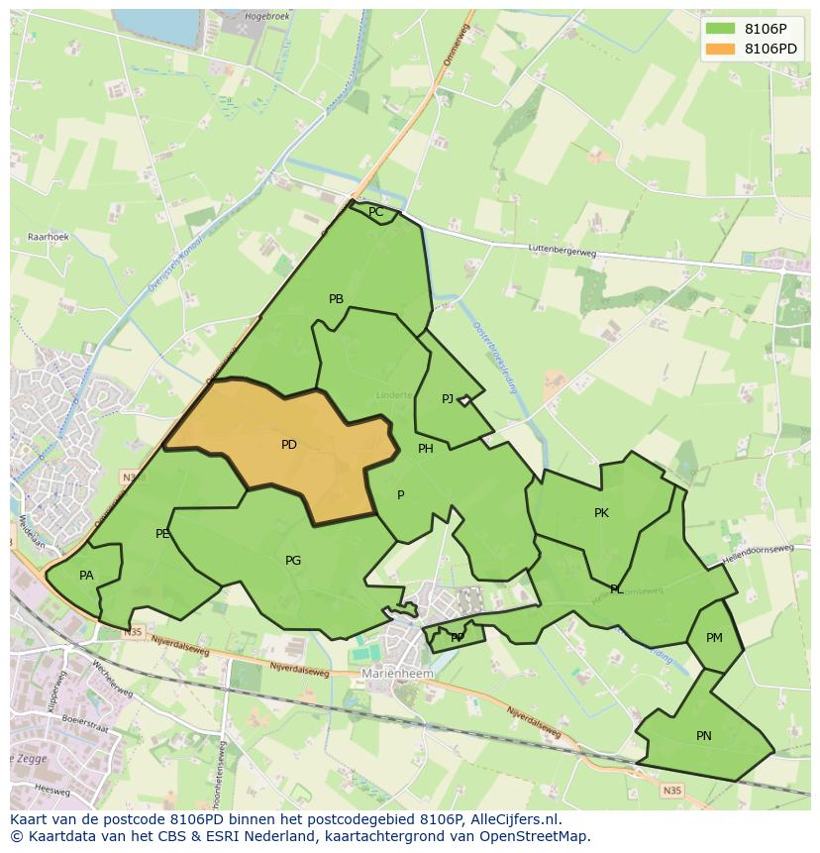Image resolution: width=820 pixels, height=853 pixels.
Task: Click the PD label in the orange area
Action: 288,445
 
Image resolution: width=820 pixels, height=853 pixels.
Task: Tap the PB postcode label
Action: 336,299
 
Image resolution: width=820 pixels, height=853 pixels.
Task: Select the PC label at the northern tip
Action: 375,212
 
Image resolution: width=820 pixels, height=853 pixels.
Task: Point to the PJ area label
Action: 448,399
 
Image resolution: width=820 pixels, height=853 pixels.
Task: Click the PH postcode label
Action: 426,449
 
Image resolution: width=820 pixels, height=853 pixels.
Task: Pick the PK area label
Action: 601,513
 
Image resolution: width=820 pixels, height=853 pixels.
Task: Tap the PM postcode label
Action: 714,638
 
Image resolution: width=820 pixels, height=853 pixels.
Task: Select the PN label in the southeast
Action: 703,736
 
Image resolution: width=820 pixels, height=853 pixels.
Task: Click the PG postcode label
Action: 293,561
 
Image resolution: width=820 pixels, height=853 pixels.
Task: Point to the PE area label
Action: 162,534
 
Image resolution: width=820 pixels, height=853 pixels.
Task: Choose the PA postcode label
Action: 86,576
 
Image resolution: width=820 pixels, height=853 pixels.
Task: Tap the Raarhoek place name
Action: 48,238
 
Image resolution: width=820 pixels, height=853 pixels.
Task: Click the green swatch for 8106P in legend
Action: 721,29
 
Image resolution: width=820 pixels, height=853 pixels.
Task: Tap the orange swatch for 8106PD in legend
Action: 721,49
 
